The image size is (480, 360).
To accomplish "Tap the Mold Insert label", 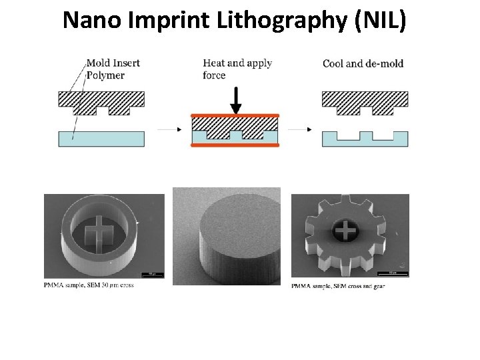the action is [x=113, y=63].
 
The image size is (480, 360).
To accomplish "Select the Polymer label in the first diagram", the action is [x=105, y=75].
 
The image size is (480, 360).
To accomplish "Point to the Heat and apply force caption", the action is [x=237, y=69].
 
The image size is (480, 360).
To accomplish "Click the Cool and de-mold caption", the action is [x=363, y=64].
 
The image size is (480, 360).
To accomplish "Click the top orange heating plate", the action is [x=235, y=116].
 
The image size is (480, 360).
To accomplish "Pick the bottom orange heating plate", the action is [x=235, y=144].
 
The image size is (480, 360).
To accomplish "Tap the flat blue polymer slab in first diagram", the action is [x=101, y=138].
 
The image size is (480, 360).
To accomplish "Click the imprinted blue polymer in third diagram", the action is [x=365, y=141].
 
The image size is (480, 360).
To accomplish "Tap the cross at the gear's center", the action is [x=345, y=231].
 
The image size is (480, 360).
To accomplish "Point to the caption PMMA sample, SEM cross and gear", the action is [x=338, y=287].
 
